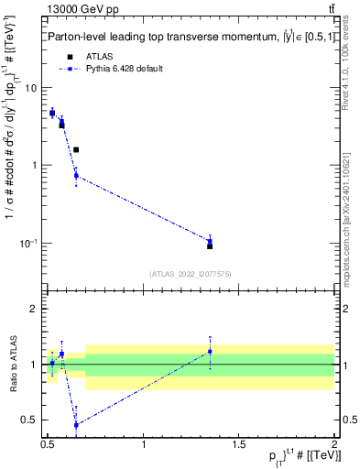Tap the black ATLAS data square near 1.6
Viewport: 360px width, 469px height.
pyautogui.click(x=76, y=149)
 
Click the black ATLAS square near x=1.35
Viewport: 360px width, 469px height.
pyautogui.click(x=210, y=245)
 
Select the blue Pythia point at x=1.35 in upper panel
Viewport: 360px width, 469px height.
pyautogui.click(x=210, y=241)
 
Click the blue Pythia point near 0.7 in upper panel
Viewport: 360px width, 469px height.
pyautogui.click(x=76, y=176)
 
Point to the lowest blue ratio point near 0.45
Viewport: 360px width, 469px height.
pyautogui.click(x=76, y=425)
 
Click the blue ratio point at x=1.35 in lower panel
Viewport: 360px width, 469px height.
pyautogui.click(x=210, y=352)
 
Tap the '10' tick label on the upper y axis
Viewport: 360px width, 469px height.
pyautogui.click(x=31, y=88)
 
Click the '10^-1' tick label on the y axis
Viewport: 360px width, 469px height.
pyautogui.click(x=29, y=243)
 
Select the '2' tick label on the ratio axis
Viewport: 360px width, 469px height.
pyautogui.click(x=35, y=309)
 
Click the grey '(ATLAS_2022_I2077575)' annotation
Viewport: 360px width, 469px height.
pyautogui.click(x=191, y=273)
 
